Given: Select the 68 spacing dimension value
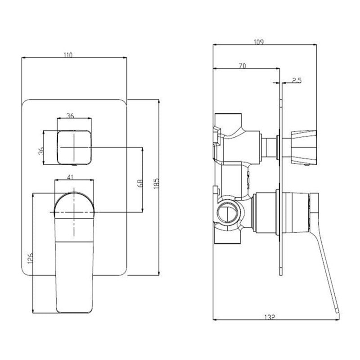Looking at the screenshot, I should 139,183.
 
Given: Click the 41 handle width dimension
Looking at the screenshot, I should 70,177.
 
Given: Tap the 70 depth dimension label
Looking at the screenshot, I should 241,66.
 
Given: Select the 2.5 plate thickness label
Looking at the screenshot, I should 296,80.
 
